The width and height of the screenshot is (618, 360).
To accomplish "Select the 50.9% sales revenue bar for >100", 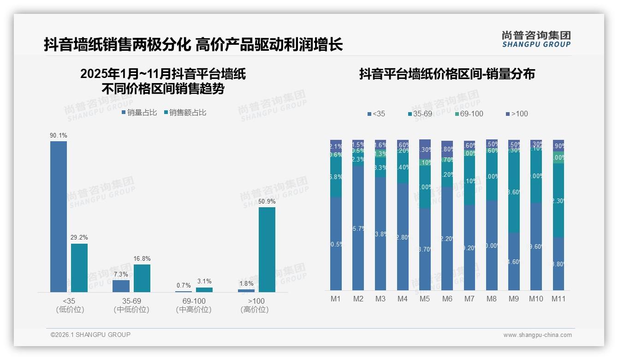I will pyautogui.click(x=267, y=249).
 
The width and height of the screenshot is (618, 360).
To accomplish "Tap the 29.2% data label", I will pyautogui.click(x=79, y=237).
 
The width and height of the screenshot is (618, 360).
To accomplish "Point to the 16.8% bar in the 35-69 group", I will pyautogui.click(x=142, y=278).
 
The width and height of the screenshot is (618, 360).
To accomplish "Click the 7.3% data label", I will pyautogui.click(x=121, y=274).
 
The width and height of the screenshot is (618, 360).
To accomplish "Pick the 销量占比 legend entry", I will pyautogui.click(x=139, y=112).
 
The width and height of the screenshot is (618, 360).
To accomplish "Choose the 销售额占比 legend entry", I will pyautogui.click(x=185, y=112).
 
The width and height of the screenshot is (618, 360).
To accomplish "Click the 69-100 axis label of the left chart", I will pyautogui.click(x=194, y=301).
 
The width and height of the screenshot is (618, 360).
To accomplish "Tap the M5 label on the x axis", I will pyautogui.click(x=425, y=299).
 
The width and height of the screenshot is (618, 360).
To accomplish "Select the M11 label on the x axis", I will pyautogui.click(x=559, y=299).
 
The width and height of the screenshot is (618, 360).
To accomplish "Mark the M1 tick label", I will pyautogui.click(x=336, y=299).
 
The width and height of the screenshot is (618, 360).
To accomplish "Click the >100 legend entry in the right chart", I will pyautogui.click(x=517, y=114).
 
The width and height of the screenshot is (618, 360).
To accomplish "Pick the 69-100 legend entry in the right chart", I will pyautogui.click(x=469, y=114).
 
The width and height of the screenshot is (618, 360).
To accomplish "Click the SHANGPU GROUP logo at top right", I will pyautogui.click(x=536, y=39).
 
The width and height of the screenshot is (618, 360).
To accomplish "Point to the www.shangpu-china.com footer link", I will pyautogui.click(x=537, y=335).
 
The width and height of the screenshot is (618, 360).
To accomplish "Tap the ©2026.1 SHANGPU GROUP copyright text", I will pyautogui.click(x=90, y=335).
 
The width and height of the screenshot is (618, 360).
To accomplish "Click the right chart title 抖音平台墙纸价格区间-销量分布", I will pyautogui.click(x=447, y=74).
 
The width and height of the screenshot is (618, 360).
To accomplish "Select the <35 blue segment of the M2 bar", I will pyautogui.click(x=358, y=228).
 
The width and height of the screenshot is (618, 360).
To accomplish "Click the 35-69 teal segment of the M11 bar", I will pyautogui.click(x=559, y=200).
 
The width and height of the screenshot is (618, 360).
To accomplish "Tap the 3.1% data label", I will pyautogui.click(x=204, y=281).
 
